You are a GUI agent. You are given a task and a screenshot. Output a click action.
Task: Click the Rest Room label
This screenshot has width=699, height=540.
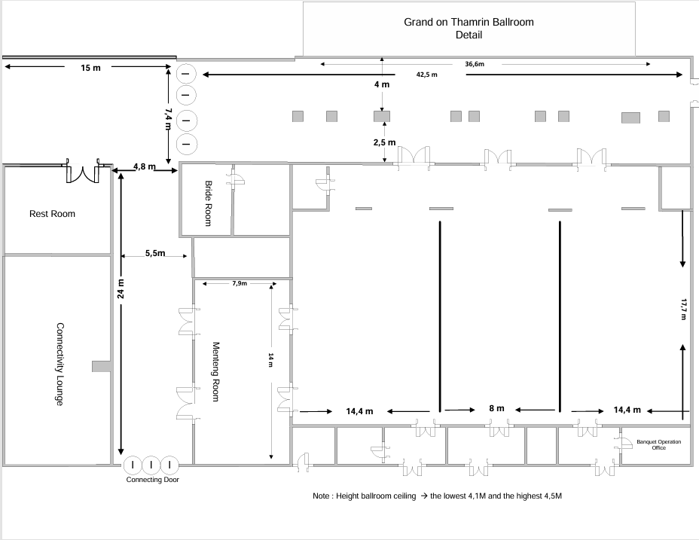click(x=52, y=214)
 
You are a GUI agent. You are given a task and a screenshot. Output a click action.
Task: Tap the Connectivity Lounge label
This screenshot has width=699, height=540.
click(x=60, y=365)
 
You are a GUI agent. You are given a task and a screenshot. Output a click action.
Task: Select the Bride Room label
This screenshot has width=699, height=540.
click(x=208, y=203)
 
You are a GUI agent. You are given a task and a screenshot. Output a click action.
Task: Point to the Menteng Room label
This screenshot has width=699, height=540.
click(x=215, y=372)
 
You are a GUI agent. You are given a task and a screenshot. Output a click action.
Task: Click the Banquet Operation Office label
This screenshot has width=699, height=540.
click(x=659, y=444)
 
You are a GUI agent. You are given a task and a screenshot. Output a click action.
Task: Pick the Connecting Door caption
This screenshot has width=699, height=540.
click(x=152, y=480)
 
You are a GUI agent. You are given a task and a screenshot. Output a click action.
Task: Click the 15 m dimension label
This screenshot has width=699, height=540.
click(x=90, y=68)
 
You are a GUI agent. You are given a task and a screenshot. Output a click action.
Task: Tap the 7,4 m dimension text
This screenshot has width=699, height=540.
click(x=168, y=118)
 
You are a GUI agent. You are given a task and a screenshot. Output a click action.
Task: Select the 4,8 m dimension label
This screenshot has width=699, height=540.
click(x=145, y=166)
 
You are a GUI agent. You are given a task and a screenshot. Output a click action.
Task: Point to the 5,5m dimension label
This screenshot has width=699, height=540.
click(x=155, y=253)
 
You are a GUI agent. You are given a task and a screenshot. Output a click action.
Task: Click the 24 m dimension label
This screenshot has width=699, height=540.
click(x=121, y=288)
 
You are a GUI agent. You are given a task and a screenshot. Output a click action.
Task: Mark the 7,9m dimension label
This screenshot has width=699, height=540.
click(x=240, y=283)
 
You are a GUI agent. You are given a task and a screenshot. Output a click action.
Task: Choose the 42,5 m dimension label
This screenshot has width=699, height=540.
click(x=426, y=75)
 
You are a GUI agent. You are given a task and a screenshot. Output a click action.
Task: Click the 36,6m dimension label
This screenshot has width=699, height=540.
click(x=475, y=64)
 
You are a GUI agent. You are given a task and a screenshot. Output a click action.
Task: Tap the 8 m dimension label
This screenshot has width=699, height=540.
click(x=496, y=408)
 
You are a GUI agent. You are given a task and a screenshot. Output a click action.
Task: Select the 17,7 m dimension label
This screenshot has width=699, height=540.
click(x=683, y=309)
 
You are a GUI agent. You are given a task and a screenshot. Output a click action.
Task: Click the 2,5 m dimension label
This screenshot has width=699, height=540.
click(x=384, y=142)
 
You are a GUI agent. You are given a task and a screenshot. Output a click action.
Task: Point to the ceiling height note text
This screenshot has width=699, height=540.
click(x=438, y=496)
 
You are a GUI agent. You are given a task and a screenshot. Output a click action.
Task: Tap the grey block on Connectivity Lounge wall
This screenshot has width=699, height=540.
click(x=101, y=366)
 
